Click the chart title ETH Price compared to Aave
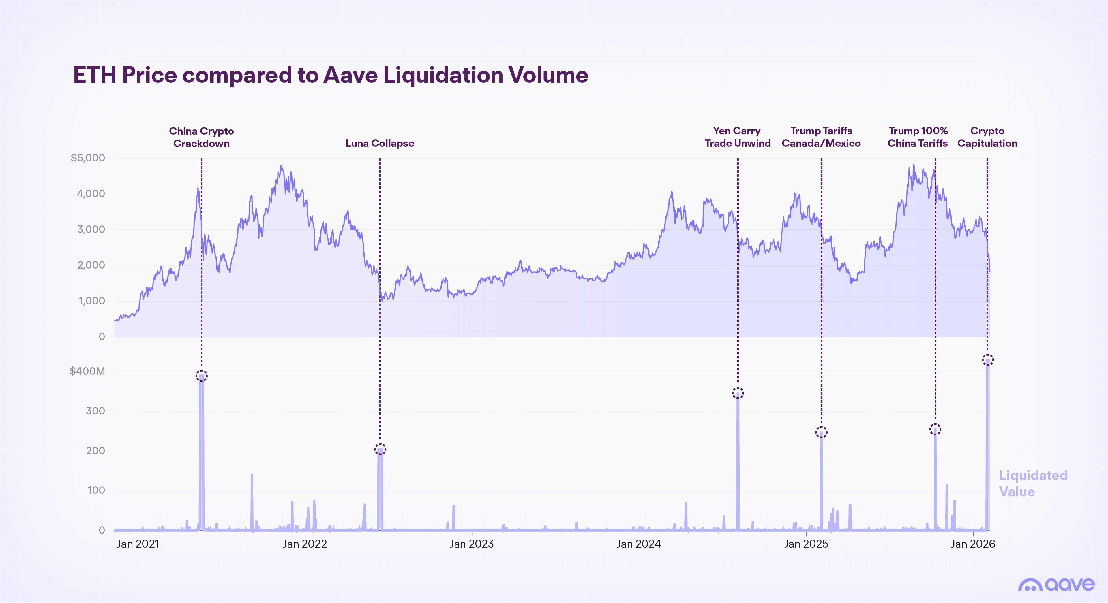tap(330, 75)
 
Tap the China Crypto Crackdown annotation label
tap(201, 137)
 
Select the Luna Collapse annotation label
tap(380, 143)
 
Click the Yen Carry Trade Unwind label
tap(737, 137)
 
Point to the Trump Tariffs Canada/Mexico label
tap(821, 137)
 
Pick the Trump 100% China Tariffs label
tap(918, 137)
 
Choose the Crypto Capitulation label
tap(987, 137)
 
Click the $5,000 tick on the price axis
tap(88, 158)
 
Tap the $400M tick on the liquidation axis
tap(87, 371)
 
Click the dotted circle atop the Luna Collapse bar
tap(380, 450)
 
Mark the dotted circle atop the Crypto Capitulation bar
tap(988, 360)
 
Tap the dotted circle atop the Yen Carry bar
tap(738, 393)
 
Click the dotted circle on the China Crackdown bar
tap(201, 376)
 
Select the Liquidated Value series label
tap(1033, 483)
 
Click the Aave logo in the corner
tap(1056, 585)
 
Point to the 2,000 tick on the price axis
tap(91, 265)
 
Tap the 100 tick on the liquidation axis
tap(96, 490)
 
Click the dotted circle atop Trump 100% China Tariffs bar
tap(935, 429)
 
